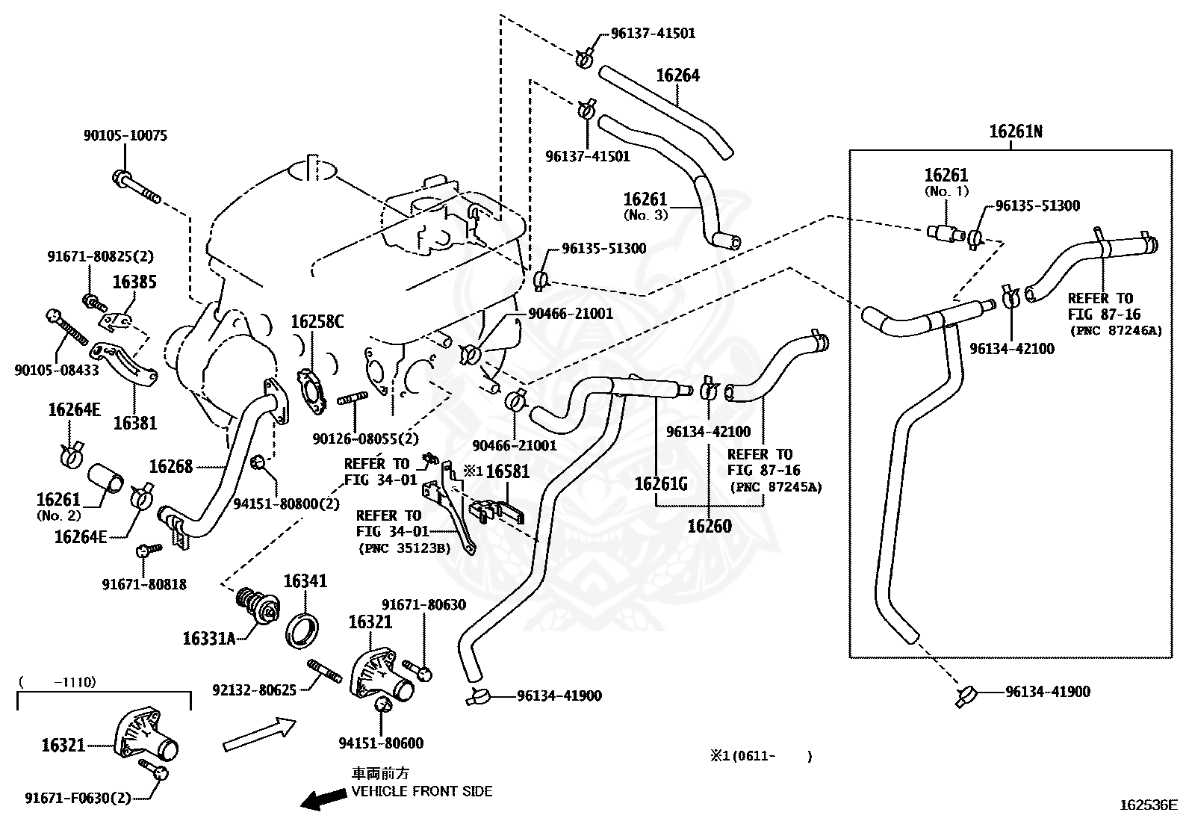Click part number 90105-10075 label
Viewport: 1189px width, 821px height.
125,136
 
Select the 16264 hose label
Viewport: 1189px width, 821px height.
677,75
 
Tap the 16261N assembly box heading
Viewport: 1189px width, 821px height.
1015,132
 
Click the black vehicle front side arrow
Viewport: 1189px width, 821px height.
323,799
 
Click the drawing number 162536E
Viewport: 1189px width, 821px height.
1148,805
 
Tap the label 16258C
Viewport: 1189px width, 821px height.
317,322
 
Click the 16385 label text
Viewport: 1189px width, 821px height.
134,282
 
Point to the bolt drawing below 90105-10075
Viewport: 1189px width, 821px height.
136,188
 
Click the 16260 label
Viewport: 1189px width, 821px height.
709,526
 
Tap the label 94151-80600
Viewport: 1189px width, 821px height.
380,743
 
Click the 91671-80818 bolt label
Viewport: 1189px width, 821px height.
144,584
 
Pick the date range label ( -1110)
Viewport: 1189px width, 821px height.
58,681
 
